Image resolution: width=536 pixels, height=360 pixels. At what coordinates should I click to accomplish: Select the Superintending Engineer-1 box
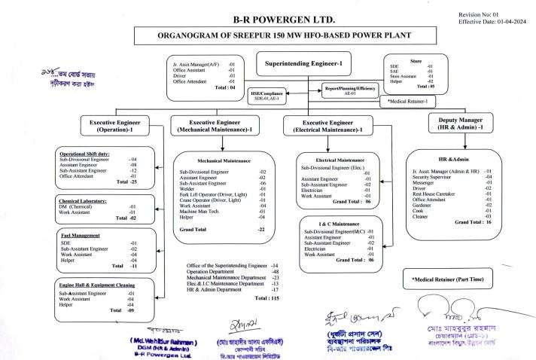(x=303, y=65)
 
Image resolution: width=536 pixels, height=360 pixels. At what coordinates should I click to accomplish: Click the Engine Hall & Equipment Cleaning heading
(x=98, y=285)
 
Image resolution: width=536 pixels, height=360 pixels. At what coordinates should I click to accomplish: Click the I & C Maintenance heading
(x=339, y=224)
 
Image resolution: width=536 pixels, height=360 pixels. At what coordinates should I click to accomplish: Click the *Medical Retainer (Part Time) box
(x=448, y=279)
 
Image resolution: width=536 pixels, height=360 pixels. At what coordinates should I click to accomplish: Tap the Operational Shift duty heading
(x=89, y=154)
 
